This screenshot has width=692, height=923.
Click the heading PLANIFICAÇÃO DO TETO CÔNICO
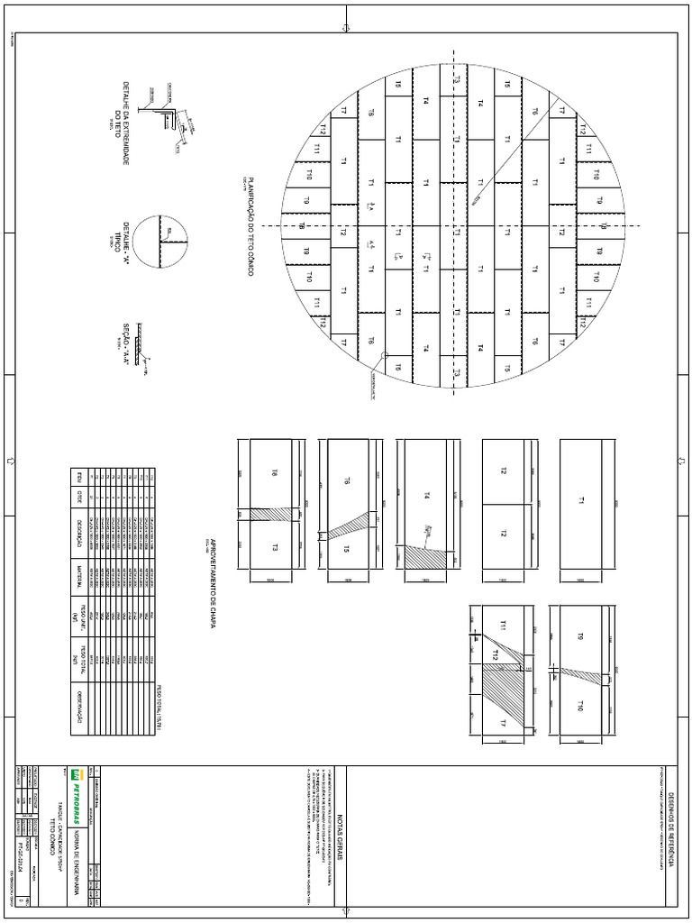(250, 224)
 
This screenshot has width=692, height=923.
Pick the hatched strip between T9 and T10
(586, 672)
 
